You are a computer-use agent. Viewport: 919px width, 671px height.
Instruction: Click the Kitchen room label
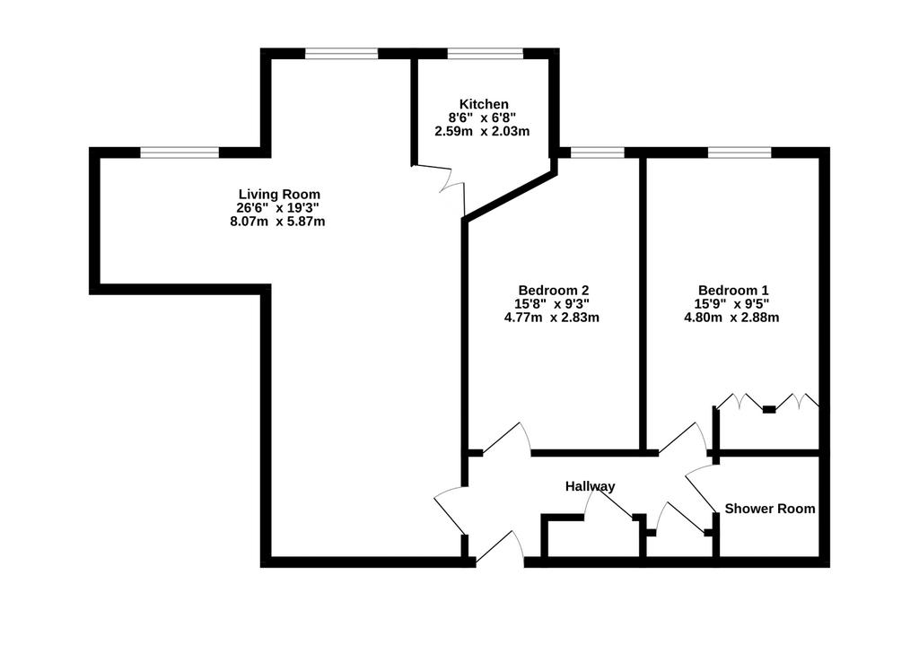[484, 104]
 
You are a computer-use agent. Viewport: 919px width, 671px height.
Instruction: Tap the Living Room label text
[280, 194]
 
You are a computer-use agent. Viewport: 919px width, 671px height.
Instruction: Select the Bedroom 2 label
[553, 290]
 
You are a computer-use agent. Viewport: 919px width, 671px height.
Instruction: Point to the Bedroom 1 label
[733, 290]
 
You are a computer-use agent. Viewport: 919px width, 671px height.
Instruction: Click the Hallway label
[591, 486]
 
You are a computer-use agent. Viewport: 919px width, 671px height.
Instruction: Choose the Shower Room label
[769, 509]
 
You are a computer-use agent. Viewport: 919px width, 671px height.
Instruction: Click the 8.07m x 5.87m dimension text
[278, 222]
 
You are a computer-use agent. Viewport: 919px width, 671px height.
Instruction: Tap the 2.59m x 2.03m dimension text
[482, 131]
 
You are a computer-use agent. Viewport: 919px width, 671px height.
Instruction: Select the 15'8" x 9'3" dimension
[552, 303]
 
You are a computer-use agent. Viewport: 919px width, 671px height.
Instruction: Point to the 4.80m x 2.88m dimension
[731, 318]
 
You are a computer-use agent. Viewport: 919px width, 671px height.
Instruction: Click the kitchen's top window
[486, 54]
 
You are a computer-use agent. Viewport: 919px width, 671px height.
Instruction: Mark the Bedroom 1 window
[740, 153]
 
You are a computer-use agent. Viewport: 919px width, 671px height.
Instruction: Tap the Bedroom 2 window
[598, 153]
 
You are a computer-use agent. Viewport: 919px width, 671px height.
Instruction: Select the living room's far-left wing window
[179, 153]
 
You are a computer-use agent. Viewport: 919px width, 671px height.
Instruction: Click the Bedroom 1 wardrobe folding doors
[768, 401]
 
